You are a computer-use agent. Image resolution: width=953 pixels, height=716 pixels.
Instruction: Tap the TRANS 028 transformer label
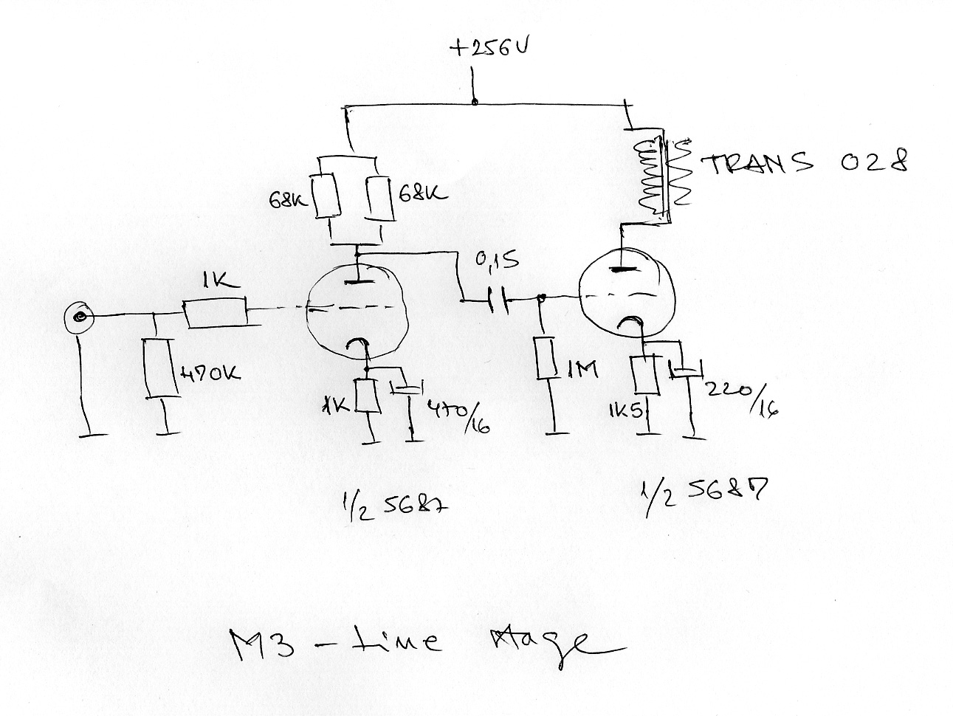click(805, 163)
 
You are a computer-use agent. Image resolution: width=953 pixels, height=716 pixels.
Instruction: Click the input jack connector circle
click(78, 318)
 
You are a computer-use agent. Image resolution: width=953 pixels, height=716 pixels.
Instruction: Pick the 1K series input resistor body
click(215, 314)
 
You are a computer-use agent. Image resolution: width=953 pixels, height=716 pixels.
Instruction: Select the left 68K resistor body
click(327, 197)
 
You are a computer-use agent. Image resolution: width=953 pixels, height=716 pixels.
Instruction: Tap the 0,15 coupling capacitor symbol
click(499, 300)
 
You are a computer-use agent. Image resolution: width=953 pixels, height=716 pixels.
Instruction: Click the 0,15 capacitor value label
click(492, 261)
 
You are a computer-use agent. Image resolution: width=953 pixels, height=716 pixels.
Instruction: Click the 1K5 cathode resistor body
click(646, 375)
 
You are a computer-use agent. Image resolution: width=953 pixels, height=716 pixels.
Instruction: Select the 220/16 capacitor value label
click(743, 398)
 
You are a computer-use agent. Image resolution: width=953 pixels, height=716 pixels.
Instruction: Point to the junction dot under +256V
click(474, 103)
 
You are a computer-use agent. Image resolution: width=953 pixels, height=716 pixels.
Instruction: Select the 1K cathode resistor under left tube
click(368, 397)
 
